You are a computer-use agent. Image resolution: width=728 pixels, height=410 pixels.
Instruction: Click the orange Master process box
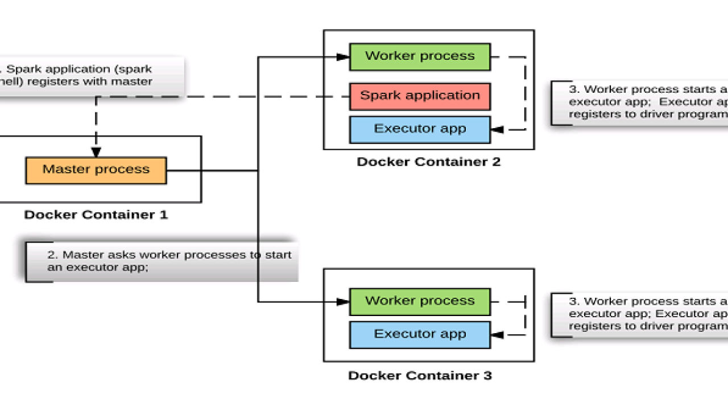[96, 170]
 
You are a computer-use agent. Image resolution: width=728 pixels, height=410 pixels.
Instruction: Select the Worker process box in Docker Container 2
[420, 56]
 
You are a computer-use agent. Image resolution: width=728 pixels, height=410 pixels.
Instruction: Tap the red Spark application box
[420, 96]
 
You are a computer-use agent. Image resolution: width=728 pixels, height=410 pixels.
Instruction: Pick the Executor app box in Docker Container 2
[420, 129]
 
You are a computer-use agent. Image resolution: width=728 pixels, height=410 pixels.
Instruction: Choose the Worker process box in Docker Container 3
[420, 301]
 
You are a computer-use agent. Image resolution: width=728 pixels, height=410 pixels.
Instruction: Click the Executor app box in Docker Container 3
[420, 334]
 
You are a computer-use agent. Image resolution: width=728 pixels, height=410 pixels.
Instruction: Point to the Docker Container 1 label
[96, 215]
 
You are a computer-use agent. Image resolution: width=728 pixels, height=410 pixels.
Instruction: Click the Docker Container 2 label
[428, 162]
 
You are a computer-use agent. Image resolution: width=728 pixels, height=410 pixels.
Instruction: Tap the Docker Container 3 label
[420, 376]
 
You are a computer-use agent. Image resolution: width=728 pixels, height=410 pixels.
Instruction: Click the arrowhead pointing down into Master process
[96, 152]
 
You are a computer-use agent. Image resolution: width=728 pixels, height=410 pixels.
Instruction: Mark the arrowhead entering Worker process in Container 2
[342, 57]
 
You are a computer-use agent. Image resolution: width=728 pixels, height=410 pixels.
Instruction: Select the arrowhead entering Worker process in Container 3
[342, 302]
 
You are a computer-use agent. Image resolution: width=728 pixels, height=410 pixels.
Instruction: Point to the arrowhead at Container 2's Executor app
[497, 130]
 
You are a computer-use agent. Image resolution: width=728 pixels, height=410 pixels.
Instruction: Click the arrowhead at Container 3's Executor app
[497, 335]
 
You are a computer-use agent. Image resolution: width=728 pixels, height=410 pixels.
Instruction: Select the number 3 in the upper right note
[573, 89]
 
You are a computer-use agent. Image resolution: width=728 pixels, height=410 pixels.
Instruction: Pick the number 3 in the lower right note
[573, 301]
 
